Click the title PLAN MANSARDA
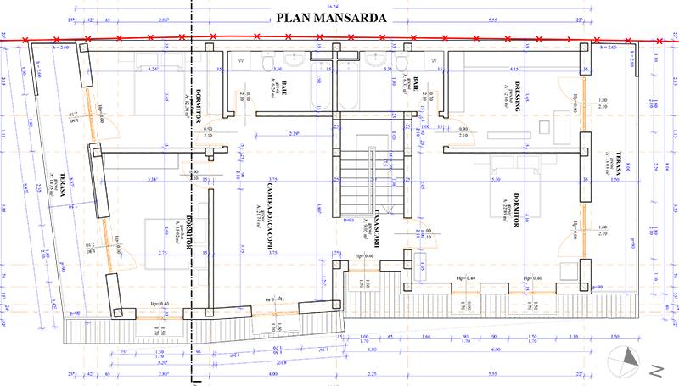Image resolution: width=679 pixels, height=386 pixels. pos(334,16)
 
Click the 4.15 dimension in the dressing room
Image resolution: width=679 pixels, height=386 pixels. pos(513,68)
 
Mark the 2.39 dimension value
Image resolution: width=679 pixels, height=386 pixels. pos(295,134)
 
